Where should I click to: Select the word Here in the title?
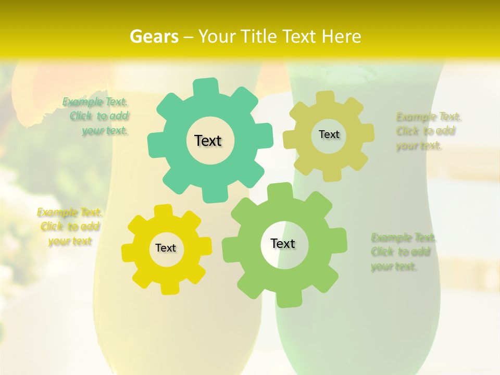[342, 36]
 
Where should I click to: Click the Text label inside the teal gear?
[208, 141]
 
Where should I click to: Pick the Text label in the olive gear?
[329, 134]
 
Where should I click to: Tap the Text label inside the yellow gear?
[166, 248]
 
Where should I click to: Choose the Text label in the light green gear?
[283, 243]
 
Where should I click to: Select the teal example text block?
[97, 116]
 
